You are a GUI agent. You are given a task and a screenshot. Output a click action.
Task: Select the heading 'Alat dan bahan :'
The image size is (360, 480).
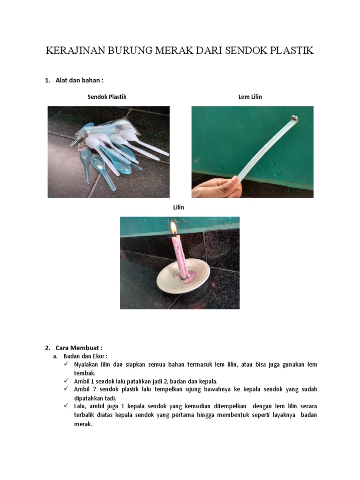79,81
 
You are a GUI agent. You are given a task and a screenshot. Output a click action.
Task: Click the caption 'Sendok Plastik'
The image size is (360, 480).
107,97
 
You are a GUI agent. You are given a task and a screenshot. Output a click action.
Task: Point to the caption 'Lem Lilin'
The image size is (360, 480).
250,97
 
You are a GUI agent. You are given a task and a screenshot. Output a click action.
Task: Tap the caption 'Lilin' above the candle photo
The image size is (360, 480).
179,207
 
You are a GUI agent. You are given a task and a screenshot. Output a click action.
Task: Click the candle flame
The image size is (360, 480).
173,228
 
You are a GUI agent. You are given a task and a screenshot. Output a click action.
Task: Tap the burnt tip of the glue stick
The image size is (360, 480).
294,118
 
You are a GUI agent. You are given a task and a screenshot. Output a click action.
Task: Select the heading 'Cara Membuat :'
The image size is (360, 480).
79,348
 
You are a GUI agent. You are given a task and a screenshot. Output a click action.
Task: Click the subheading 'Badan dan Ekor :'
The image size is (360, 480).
85,356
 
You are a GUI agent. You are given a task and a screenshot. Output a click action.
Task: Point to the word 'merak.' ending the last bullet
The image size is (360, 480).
83,424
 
